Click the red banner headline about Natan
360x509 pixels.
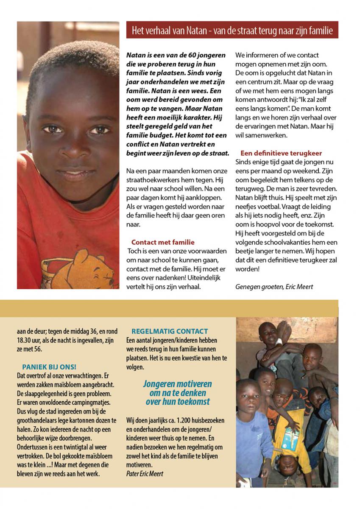232,31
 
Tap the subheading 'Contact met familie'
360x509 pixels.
163,242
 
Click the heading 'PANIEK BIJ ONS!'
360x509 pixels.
49,366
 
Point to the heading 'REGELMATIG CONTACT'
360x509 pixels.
170,331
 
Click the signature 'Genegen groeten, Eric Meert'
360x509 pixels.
274,287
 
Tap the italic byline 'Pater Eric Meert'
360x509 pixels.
145,473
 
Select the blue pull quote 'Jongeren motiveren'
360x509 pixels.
177,384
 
